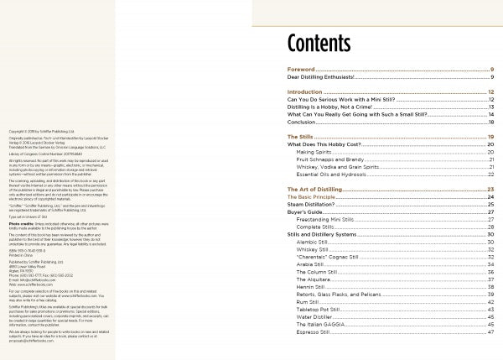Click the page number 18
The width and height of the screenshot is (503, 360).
(490, 122)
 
